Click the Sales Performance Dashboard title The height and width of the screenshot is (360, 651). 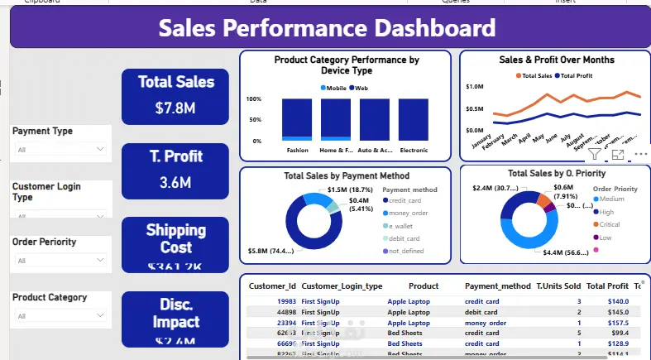327,29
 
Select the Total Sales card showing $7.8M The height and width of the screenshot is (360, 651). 175,94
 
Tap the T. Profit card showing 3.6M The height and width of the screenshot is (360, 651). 175,170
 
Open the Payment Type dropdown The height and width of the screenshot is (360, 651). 61,150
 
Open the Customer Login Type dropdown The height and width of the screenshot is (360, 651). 61,213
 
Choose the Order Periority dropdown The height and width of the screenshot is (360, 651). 61,261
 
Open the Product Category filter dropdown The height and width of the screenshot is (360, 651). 61,316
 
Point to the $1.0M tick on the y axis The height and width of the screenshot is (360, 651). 474,86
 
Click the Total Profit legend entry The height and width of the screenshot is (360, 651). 576,75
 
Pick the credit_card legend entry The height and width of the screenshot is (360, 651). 404,201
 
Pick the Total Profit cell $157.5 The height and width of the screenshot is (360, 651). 618,323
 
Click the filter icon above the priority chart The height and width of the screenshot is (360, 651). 595,154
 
